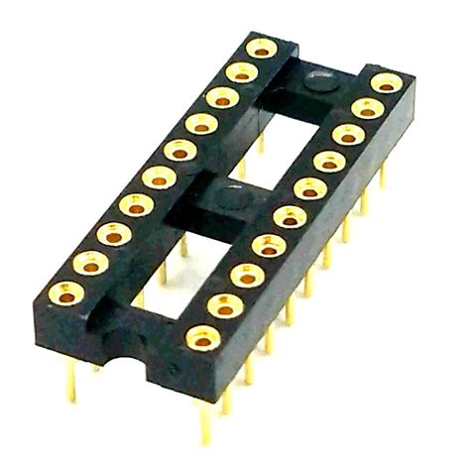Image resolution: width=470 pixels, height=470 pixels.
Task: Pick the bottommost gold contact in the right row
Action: (200, 337)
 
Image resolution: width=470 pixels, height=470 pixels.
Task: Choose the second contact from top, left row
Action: (241, 72)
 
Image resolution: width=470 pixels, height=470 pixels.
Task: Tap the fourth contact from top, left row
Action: (200, 124)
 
